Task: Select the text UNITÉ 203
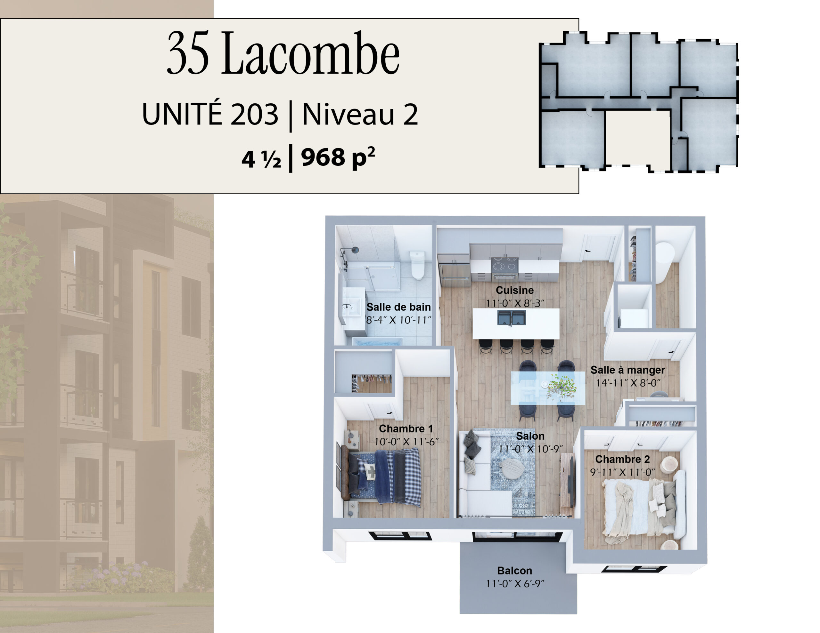pyautogui.click(x=210, y=114)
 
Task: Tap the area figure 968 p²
pyautogui.click(x=338, y=157)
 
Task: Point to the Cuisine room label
pyautogui.click(x=515, y=290)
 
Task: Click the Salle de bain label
pyautogui.click(x=398, y=307)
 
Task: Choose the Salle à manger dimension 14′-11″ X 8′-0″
pyautogui.click(x=628, y=383)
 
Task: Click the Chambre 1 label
pyautogui.click(x=406, y=429)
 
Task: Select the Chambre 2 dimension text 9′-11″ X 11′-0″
pyautogui.click(x=622, y=472)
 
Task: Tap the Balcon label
pyautogui.click(x=515, y=571)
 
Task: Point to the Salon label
pyautogui.click(x=530, y=436)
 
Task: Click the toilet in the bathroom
pyautogui.click(x=417, y=265)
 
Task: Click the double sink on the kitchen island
pyautogui.click(x=511, y=317)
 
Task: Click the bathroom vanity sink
pyautogui.click(x=352, y=309)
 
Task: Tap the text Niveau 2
pyautogui.click(x=360, y=114)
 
